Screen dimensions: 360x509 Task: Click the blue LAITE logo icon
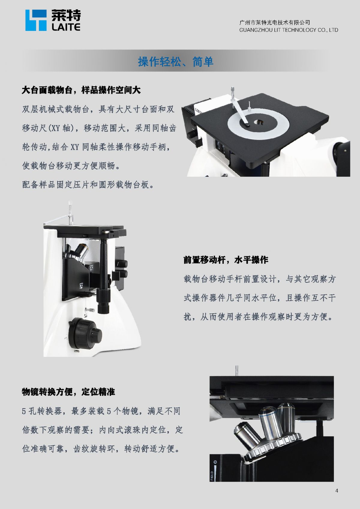[36, 20]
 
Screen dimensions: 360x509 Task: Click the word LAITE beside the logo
[66, 27]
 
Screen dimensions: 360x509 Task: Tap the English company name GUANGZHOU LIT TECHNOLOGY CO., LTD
[289, 30]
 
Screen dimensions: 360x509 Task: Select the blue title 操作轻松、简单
[175, 62]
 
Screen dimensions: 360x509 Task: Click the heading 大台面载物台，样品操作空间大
[81, 90]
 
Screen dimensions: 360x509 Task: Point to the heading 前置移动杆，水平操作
[226, 260]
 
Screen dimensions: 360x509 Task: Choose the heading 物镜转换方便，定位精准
[68, 392]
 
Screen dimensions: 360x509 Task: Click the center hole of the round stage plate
[259, 122]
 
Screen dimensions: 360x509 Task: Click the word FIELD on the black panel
[212, 476]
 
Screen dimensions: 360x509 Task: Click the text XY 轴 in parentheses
[60, 128]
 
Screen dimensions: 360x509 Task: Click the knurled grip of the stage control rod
[103, 301]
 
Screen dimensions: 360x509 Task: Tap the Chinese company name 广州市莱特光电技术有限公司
[274, 22]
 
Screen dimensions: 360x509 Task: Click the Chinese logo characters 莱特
[66, 15]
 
